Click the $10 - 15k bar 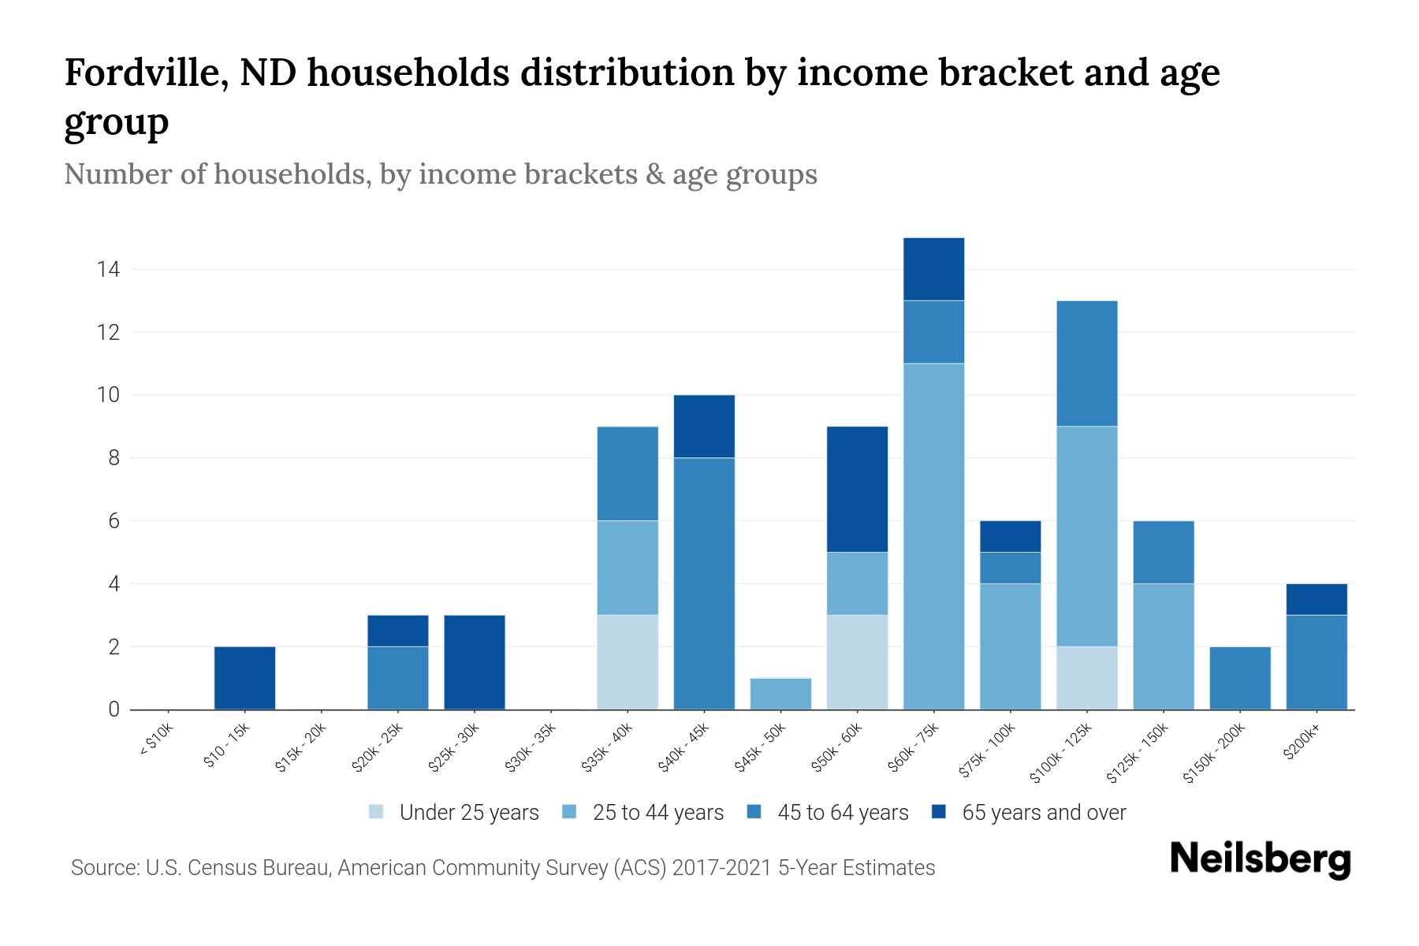[244, 678]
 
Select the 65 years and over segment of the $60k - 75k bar [933, 269]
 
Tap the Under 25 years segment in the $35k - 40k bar [628, 662]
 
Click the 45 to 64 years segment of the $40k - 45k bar [704, 583]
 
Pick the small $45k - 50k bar [780, 694]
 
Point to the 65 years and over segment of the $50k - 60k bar [857, 489]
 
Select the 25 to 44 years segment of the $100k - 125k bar [1087, 536]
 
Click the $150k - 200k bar [1240, 678]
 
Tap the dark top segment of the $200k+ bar [1317, 599]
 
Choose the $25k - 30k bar [475, 662]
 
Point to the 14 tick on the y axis [108, 270]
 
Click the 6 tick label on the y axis [114, 521]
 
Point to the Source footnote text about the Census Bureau [503, 868]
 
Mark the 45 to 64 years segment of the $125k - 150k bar [1164, 552]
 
